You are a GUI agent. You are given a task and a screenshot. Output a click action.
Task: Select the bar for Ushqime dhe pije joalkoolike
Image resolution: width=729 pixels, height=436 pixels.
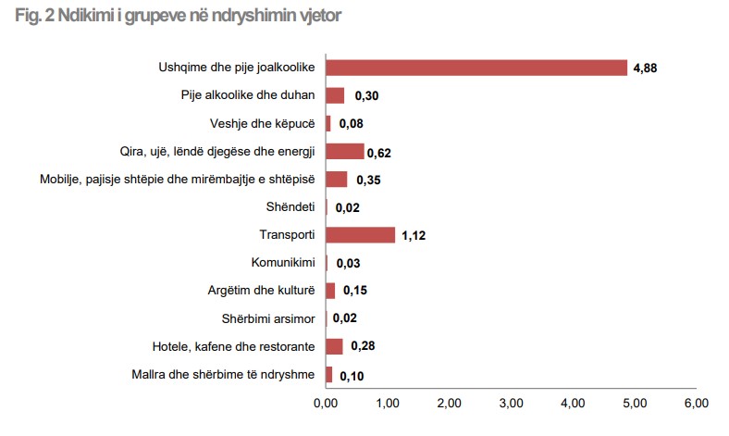pos(476,68)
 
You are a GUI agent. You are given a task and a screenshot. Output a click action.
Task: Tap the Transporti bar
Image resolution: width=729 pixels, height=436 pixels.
pos(360,235)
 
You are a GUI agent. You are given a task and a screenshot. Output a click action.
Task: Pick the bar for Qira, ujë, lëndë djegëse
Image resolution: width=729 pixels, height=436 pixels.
pos(344,151)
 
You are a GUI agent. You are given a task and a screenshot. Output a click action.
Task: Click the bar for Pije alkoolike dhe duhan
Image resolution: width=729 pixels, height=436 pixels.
pos(335,95)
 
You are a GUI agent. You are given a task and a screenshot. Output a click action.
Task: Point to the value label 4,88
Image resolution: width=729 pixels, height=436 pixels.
pos(646,69)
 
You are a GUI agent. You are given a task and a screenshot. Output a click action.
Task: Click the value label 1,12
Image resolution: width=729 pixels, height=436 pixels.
pos(413,236)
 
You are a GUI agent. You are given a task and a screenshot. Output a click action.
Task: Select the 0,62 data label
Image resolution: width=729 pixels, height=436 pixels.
pos(380,153)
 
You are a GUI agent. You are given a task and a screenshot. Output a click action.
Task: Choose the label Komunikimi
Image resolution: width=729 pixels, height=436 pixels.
pos(283,263)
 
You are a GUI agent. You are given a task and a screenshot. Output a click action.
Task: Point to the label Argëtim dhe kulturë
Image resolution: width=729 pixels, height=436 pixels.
pos(262,291)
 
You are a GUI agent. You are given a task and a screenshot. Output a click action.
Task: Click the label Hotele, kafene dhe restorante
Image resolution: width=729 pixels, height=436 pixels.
pos(234,346)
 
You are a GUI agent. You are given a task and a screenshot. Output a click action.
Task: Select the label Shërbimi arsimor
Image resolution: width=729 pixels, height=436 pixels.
pos(268,318)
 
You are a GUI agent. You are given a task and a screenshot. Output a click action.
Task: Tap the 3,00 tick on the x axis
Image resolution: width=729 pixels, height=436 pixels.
pos(511,403)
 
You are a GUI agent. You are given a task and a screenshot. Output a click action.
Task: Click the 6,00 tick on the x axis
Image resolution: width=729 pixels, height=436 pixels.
pos(696,403)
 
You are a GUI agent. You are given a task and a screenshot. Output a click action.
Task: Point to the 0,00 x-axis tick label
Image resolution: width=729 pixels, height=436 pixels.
pos(326,403)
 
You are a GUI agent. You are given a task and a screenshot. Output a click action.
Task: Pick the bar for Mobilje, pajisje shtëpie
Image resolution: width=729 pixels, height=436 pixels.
pos(336,179)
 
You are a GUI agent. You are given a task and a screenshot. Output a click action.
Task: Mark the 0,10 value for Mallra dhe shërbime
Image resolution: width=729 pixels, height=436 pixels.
pos(352,376)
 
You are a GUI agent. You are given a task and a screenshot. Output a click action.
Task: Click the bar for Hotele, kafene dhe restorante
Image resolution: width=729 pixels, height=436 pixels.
pos(334,346)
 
